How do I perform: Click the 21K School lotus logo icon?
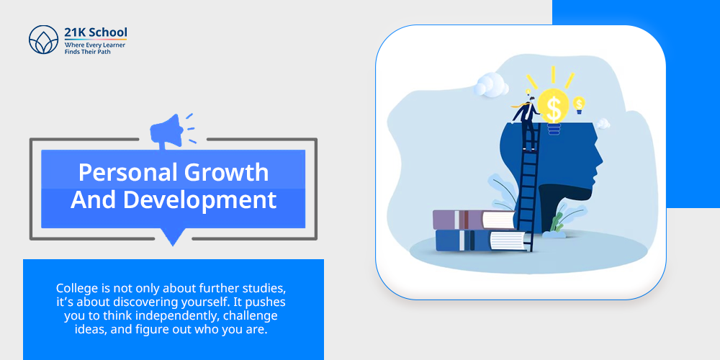tap(44, 40)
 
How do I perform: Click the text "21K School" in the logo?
tap(96, 33)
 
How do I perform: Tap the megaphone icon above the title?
tap(167, 131)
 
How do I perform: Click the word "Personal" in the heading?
tap(127, 173)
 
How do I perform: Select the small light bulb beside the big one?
tap(579, 105)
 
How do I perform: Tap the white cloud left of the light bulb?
tap(491, 84)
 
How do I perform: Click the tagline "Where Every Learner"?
tap(94, 45)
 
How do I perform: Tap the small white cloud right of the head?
tap(603, 124)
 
